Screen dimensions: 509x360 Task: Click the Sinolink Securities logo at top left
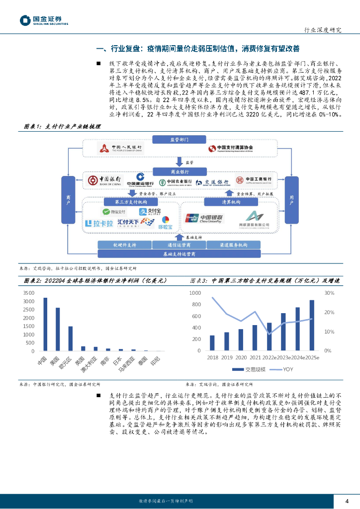44,19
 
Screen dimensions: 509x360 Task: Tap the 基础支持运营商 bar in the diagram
180,254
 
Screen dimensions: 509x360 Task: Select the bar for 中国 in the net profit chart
45,325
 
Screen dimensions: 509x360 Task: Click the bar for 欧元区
71,339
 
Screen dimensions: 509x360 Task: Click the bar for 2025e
312,325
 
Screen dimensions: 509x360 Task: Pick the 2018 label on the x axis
212,358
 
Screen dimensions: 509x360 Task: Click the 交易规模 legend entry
250,369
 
